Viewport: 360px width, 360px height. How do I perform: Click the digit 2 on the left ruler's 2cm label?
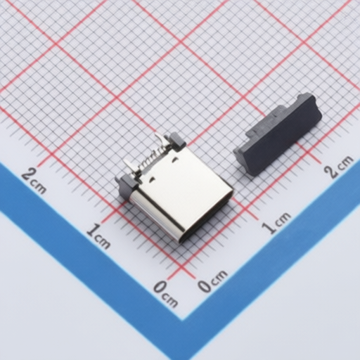pyautogui.click(x=29, y=174)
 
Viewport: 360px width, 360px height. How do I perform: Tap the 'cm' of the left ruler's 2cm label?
pyautogui.click(x=38, y=187)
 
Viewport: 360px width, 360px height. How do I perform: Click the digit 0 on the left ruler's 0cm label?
pyautogui.click(x=161, y=287)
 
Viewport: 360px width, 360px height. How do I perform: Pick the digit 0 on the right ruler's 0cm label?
pyautogui.click(x=205, y=285)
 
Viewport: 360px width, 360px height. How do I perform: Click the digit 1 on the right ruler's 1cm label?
pyautogui.click(x=269, y=228)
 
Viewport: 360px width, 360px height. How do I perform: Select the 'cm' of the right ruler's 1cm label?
pyautogui.click(x=283, y=219)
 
